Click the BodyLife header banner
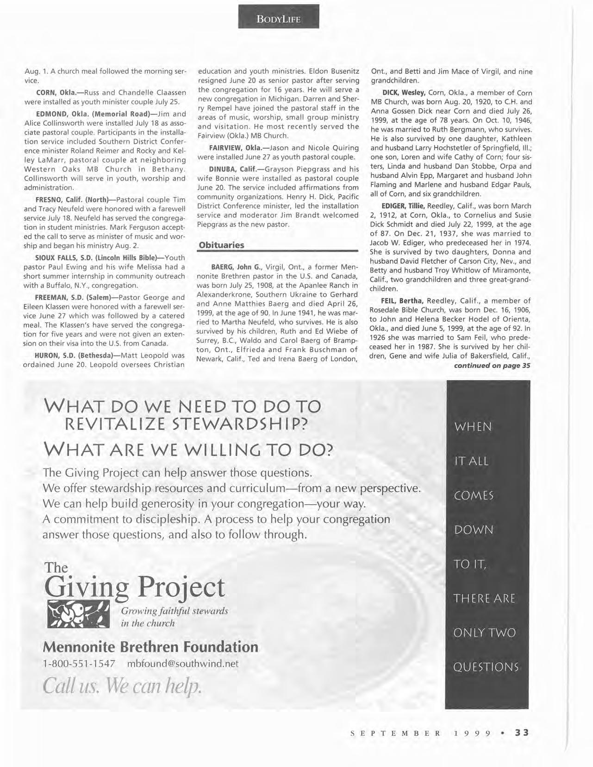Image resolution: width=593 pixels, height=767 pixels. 279,19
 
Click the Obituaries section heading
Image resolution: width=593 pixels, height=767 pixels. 221,245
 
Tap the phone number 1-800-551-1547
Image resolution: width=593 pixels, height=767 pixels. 79,664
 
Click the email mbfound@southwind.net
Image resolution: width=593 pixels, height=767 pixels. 183,664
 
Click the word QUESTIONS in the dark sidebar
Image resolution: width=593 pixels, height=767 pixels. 486,667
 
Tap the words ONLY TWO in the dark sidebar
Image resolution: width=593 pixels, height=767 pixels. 485,633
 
